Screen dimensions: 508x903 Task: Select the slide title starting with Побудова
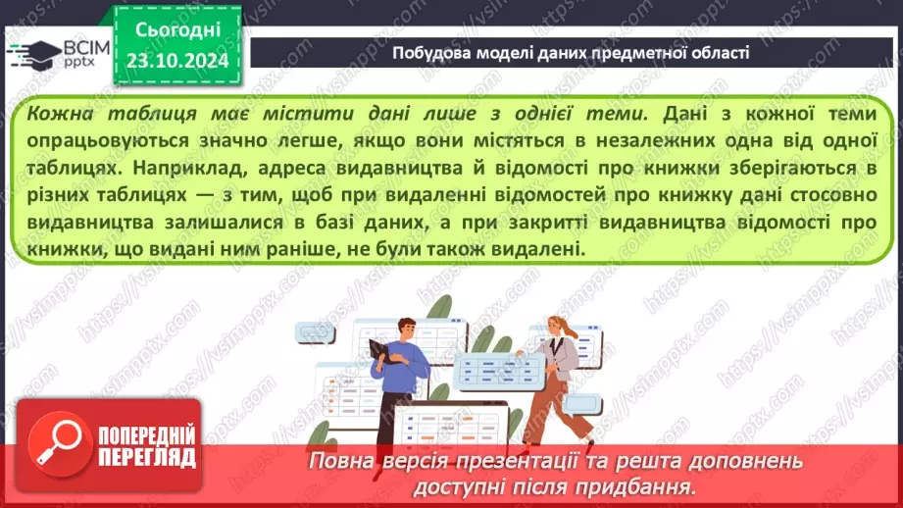571,53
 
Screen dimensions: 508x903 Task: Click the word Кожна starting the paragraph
60,114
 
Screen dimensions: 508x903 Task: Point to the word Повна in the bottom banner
337,461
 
